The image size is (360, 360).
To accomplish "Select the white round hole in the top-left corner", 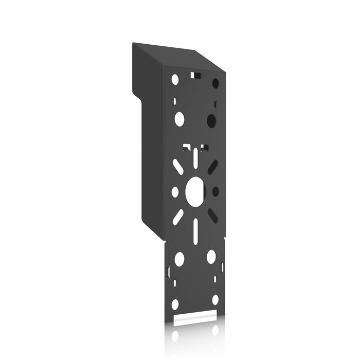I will [175, 79].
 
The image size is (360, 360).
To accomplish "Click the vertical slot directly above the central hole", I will [195, 157].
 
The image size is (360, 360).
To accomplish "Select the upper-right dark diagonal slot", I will [212, 167].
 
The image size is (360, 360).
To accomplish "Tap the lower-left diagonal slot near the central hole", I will [177, 215].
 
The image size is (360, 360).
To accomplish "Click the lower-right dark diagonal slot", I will [212, 215].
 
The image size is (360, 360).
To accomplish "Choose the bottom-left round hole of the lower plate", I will [175, 304].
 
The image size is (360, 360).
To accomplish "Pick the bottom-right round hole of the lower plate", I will [215, 299].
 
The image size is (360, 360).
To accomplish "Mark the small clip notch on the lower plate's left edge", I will [168, 271].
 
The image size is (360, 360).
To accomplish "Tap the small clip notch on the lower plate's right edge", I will [222, 267].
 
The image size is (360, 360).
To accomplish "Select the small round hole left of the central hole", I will [175, 191].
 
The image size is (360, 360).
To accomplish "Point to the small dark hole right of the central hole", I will [215, 191].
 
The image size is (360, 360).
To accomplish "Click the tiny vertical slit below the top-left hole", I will [175, 100].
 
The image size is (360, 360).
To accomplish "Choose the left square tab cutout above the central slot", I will [186, 148].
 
